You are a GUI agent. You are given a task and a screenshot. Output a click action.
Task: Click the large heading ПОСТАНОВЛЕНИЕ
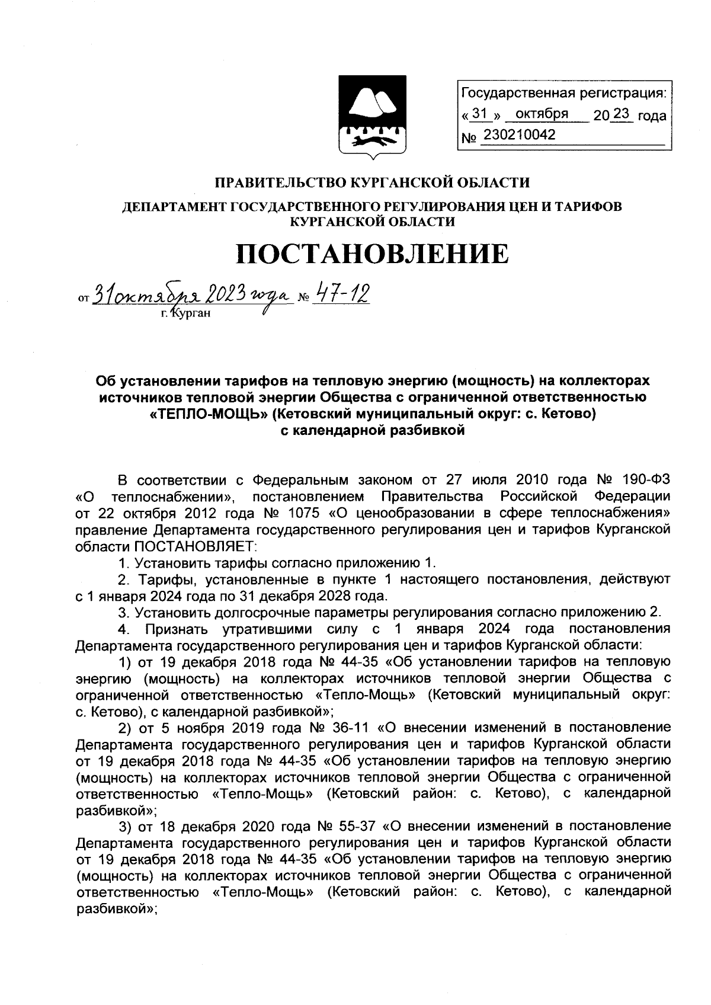point(372,254)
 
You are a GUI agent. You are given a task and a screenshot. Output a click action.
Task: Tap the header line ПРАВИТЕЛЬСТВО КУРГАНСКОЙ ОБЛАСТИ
point(372,183)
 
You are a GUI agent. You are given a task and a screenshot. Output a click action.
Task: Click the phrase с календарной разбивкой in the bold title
point(372,431)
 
